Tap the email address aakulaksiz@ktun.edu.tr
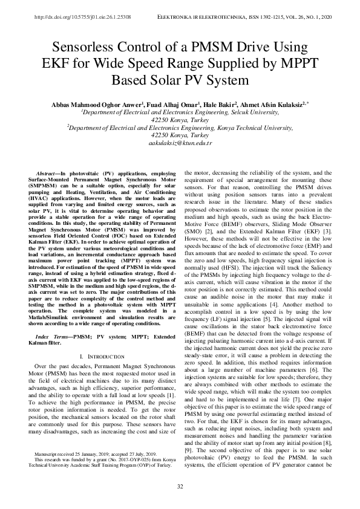(x=180, y=143)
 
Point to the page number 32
(x=180, y=487)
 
